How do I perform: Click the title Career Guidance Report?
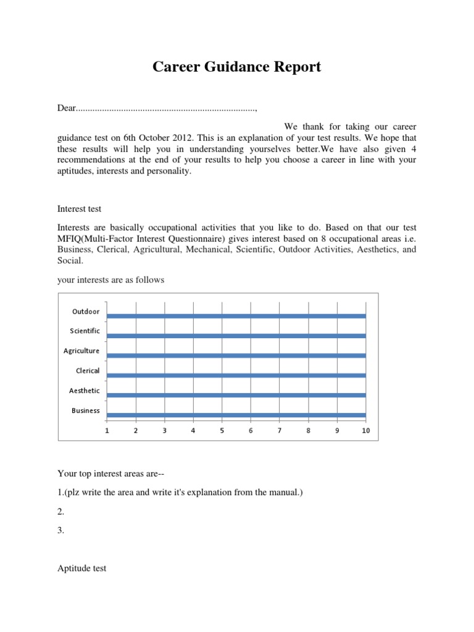click(237, 67)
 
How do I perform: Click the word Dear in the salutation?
click(67, 109)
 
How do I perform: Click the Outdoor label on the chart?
click(86, 312)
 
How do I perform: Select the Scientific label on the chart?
click(85, 331)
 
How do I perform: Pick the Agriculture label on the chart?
click(81, 351)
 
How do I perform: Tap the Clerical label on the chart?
click(87, 371)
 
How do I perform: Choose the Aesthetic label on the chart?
click(85, 391)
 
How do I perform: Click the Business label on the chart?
click(86, 410)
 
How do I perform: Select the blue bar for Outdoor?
click(236, 316)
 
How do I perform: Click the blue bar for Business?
click(236, 415)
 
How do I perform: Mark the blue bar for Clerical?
click(236, 375)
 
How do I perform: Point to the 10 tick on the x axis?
click(365, 431)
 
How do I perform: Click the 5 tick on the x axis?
click(222, 431)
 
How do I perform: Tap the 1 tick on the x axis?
click(107, 431)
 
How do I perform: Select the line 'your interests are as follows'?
click(111, 280)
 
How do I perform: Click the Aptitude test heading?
click(82, 568)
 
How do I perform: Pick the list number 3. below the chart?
click(61, 529)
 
